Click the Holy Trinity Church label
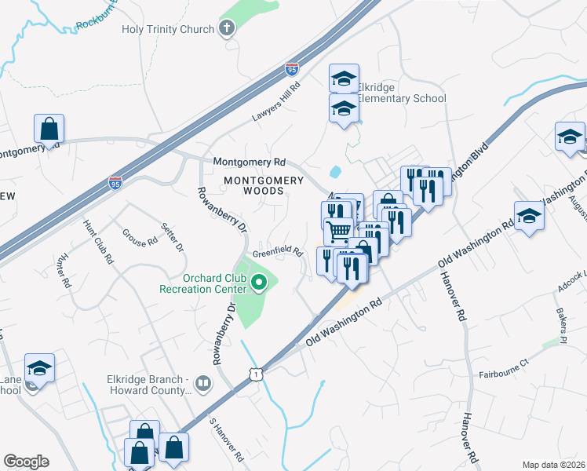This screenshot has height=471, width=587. pos(167,30)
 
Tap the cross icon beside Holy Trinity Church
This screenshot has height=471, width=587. pos(227,30)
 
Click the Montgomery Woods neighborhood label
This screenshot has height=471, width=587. pos(264,185)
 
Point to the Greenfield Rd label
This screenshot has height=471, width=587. pos(278,252)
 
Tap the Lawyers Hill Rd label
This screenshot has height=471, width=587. pos(275,103)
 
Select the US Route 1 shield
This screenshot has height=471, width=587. pos(256,376)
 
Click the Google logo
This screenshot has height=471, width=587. pos(26,462)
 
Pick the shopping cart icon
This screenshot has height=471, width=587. pos(338,230)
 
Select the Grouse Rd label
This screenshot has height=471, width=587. pos(140,238)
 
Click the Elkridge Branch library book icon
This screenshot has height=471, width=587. pos(203,383)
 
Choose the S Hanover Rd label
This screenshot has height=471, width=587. pos(225,439)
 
